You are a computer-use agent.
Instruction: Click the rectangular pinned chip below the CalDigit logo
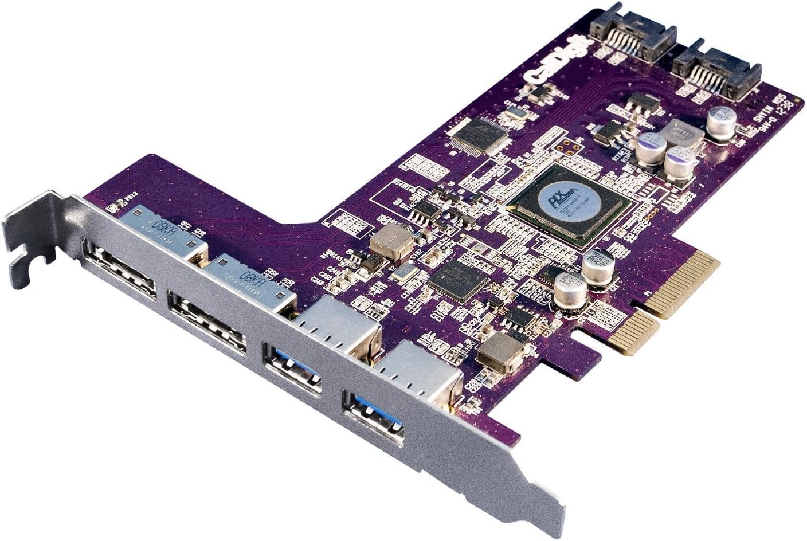click(x=479, y=134)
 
